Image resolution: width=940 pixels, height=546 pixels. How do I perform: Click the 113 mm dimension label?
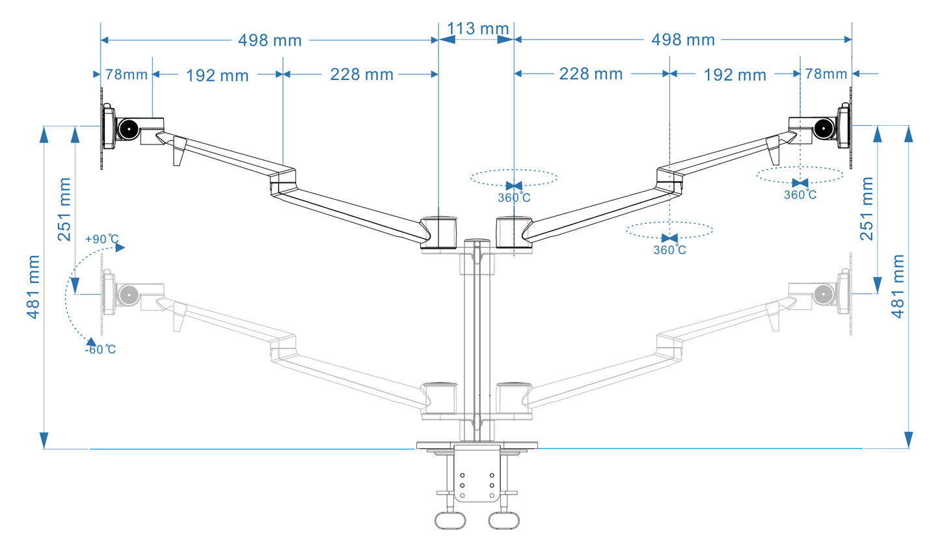[477, 28]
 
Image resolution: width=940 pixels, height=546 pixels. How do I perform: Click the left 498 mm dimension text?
[269, 40]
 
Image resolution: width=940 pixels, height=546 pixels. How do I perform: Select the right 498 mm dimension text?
[683, 40]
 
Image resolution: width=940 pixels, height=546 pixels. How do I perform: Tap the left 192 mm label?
[217, 75]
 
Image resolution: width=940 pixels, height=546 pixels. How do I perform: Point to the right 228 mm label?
[591, 74]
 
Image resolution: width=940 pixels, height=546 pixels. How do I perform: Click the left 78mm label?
[126, 74]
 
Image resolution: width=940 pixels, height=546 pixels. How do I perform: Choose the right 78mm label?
[826, 74]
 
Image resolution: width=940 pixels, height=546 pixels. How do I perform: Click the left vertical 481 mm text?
[33, 287]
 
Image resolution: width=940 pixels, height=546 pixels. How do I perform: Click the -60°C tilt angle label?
[100, 349]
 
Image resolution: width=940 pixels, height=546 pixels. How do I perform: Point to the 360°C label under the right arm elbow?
[669, 250]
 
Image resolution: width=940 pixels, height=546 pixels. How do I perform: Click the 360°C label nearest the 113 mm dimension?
[515, 197]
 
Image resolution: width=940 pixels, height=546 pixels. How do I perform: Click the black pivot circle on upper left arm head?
[129, 129]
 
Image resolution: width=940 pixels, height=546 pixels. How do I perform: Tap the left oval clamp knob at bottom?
[450, 522]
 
